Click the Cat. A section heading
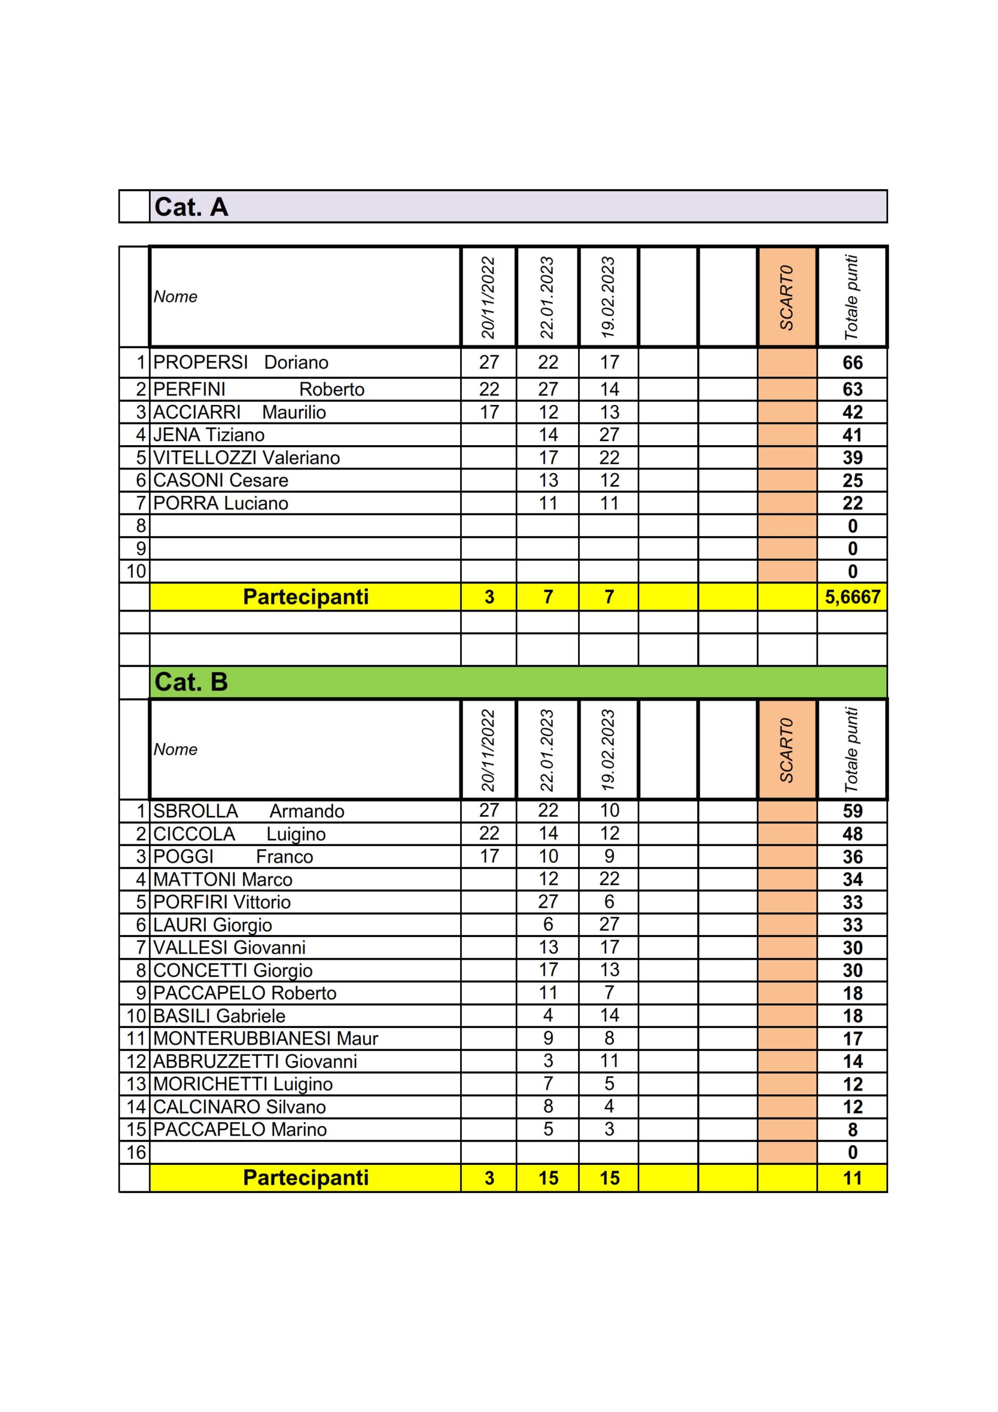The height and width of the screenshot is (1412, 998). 191,207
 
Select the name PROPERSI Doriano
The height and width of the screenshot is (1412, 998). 241,362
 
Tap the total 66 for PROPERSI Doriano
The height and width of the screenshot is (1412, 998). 852,363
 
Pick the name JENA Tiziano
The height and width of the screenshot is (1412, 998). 209,435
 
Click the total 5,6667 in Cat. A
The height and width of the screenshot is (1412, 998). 852,597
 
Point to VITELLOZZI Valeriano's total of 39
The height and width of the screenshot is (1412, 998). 852,458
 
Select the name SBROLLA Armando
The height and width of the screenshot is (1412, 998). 249,811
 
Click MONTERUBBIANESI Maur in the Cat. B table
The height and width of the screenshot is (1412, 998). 265,1038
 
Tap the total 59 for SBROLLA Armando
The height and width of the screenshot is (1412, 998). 852,811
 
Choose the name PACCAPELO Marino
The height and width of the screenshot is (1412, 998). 240,1129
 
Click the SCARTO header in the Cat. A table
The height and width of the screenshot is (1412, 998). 786,297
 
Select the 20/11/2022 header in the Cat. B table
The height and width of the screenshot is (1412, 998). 488,750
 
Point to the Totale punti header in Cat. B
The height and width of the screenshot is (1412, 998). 852,750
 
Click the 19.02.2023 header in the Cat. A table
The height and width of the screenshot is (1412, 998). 608,297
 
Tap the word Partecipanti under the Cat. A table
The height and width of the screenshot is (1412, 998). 306,597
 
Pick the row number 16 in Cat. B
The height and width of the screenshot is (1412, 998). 136,1152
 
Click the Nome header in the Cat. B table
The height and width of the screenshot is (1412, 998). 175,749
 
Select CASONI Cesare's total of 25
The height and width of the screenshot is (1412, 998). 852,480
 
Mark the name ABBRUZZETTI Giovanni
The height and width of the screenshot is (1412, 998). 255,1061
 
